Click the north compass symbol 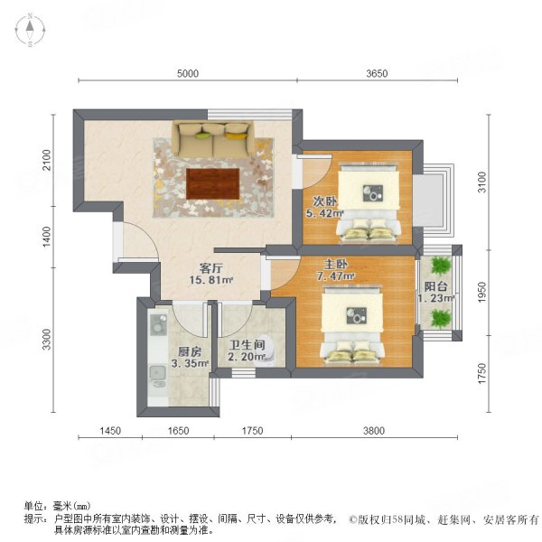coord(29,31)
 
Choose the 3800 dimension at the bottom coord(373,431)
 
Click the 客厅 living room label coord(210,267)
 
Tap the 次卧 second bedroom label coord(324,201)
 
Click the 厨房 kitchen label coord(190,351)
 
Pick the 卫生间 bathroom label coord(246,344)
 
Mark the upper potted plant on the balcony coord(440,266)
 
